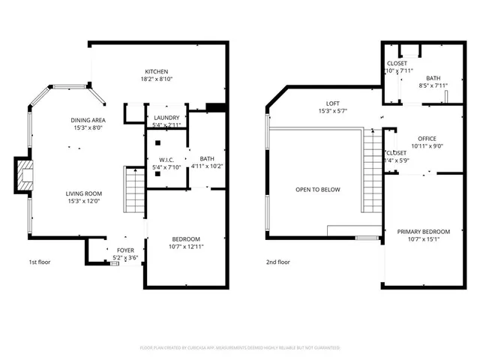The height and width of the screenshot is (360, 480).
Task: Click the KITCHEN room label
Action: (x=156, y=71)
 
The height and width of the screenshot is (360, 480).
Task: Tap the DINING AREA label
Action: (x=88, y=120)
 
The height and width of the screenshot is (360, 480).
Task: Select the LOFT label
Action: (x=333, y=103)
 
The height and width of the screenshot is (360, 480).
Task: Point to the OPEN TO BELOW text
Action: (x=317, y=190)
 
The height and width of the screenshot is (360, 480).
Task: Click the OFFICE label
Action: (x=427, y=139)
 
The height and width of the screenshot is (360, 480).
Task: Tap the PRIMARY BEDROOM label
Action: (x=424, y=232)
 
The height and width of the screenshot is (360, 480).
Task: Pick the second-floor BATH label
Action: (x=433, y=78)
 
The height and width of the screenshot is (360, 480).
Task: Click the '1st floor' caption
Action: (x=40, y=262)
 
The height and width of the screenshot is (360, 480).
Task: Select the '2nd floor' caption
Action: (x=277, y=262)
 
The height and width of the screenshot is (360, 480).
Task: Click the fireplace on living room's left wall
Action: (x=24, y=176)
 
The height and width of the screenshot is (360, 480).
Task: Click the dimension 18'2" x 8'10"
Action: (x=156, y=79)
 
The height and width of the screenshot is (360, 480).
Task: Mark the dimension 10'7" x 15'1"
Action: (x=424, y=240)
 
